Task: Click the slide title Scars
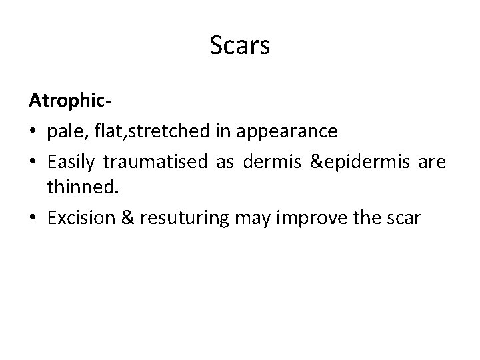[239, 46]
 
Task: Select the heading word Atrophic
[67, 102]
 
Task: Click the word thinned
[83, 189]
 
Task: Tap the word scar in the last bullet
[402, 219]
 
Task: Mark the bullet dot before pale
[33, 132]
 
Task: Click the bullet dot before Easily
[33, 161]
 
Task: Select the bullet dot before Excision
[33, 219]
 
